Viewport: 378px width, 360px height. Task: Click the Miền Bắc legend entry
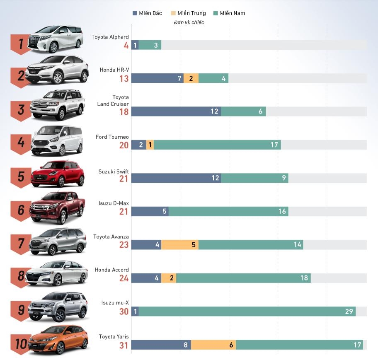[147, 13]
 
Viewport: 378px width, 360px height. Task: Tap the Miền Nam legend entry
[229, 13]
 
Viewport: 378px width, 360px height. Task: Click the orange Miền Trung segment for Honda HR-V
[191, 78]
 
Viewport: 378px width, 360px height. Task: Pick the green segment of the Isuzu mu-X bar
[247, 312]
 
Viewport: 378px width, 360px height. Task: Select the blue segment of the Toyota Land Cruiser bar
[176, 111]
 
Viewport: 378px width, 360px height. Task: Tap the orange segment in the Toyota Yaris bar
[213, 345]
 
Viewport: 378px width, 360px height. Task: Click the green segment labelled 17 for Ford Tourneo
[217, 145]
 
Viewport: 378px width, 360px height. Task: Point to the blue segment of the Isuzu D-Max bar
[150, 211]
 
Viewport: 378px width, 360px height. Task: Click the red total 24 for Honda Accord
[124, 278]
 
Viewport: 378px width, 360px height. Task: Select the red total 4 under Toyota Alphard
[126, 45]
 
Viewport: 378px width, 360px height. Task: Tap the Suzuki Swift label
[114, 172]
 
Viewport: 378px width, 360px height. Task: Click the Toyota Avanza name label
[111, 237]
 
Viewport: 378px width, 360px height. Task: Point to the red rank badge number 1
[19, 43]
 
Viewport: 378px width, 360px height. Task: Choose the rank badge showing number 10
[20, 343]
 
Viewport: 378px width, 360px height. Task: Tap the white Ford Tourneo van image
[57, 140]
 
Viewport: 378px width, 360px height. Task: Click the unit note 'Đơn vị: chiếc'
[189, 22]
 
